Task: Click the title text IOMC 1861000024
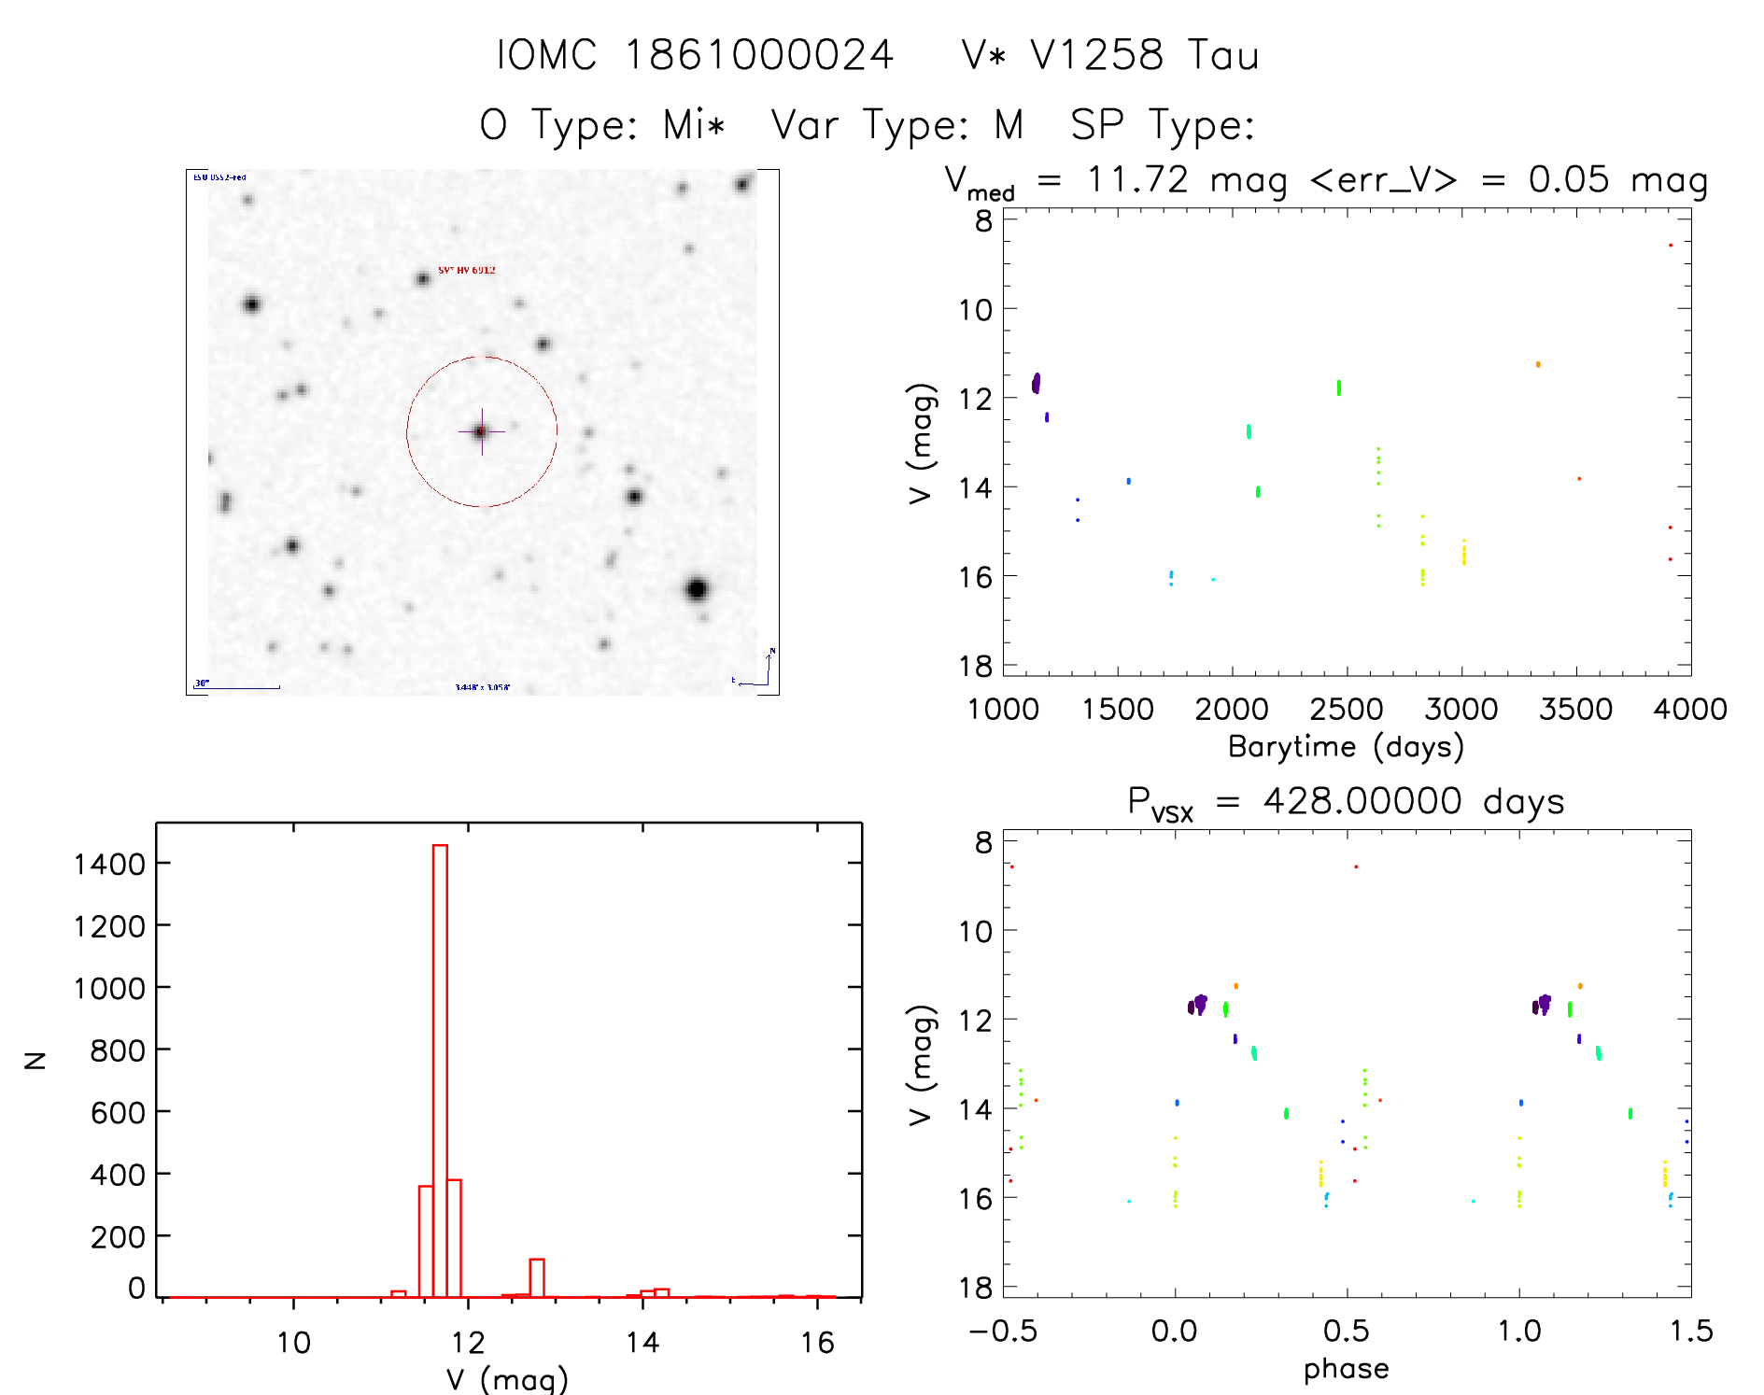pyautogui.click(x=695, y=55)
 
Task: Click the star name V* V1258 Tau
pyautogui.click(x=1110, y=55)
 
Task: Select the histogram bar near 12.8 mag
pyautogui.click(x=536, y=1277)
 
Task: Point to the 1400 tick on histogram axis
pyautogui.click(x=109, y=864)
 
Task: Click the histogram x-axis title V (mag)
pyautogui.click(x=507, y=1379)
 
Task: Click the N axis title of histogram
pyautogui.click(x=35, y=1060)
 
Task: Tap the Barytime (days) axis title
pyautogui.click(x=1346, y=747)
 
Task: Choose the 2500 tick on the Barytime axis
pyautogui.click(x=1346, y=710)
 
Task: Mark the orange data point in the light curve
pyautogui.click(x=1538, y=364)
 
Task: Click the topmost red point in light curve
pyautogui.click(x=1671, y=245)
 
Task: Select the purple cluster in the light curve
pyautogui.click(x=1036, y=383)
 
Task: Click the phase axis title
pyautogui.click(x=1346, y=1369)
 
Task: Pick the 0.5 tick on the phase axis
pyautogui.click(x=1346, y=1331)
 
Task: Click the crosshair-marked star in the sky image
pyautogui.click(x=481, y=431)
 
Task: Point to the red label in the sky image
pyautogui.click(x=467, y=270)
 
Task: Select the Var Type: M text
pyautogui.click(x=897, y=124)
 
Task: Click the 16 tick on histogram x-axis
pyautogui.click(x=817, y=1343)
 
